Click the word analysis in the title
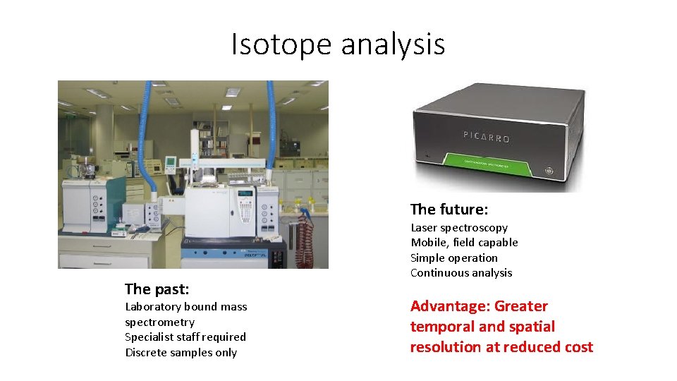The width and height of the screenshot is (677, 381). [393, 44]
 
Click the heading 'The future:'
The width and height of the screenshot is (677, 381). [449, 210]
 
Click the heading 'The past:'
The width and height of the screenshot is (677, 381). [157, 289]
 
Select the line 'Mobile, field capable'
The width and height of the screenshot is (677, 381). [464, 243]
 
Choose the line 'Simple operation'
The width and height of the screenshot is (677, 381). [453, 258]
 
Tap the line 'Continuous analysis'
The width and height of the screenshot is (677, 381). [461, 273]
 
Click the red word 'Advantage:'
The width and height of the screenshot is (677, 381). [450, 306]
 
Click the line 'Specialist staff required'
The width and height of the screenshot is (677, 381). [185, 337]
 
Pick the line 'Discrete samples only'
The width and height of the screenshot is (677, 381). [181, 353]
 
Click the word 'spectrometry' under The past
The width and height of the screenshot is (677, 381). [159, 322]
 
